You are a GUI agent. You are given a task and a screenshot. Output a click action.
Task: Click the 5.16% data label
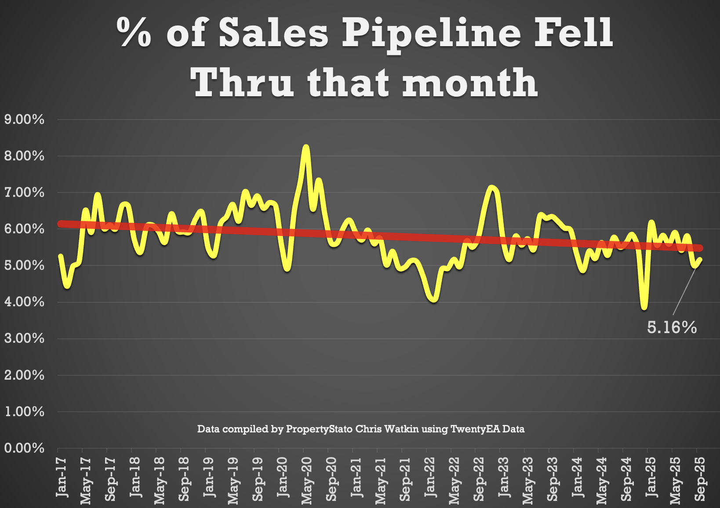[672, 327]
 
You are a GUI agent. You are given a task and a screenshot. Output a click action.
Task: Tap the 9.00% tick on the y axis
[24, 119]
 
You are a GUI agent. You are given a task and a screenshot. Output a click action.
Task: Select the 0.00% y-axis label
[24, 448]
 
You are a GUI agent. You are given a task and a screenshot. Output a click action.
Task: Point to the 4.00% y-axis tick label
[24, 302]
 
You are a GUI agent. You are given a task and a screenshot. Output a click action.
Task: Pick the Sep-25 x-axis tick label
[700, 479]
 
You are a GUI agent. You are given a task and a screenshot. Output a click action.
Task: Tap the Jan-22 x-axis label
[429, 477]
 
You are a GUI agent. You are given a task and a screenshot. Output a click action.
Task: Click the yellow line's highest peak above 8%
[306, 147]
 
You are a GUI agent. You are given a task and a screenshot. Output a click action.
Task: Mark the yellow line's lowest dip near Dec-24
[644, 307]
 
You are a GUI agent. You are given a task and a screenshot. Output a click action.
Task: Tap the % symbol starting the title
[134, 33]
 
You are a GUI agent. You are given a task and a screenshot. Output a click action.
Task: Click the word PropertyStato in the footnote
[319, 429]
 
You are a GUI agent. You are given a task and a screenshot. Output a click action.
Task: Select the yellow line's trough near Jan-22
[433, 299]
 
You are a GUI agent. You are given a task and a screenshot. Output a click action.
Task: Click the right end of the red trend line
[700, 248]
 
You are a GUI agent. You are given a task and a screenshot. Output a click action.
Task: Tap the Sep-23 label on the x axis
[552, 479]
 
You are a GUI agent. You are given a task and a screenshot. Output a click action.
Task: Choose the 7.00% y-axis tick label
[24, 192]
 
